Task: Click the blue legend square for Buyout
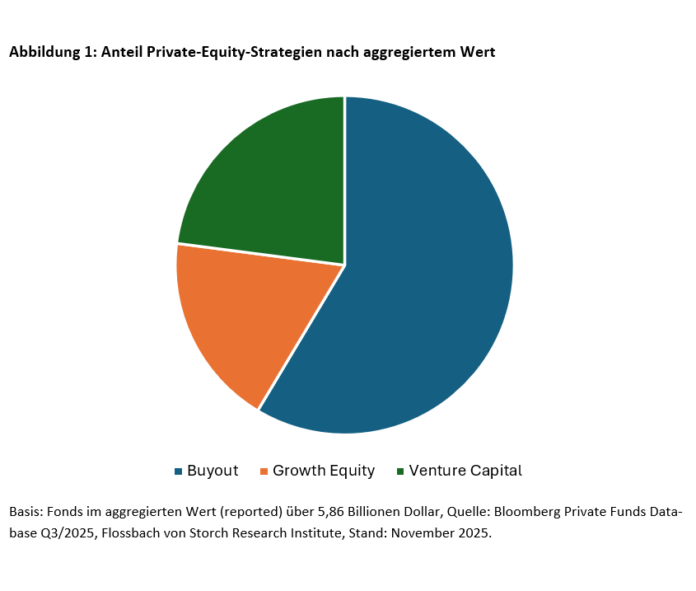tap(178, 471)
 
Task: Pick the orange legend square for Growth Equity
tap(264, 471)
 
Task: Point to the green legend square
tap(400, 471)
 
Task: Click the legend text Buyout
tap(213, 471)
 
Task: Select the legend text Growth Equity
tap(324, 471)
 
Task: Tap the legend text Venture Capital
tap(465, 471)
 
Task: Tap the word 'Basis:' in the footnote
tap(26, 511)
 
